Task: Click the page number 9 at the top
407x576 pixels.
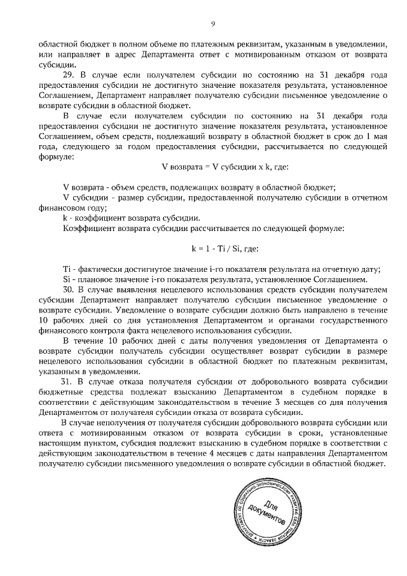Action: tap(213, 24)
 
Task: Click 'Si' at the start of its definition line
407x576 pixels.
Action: tap(67, 279)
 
